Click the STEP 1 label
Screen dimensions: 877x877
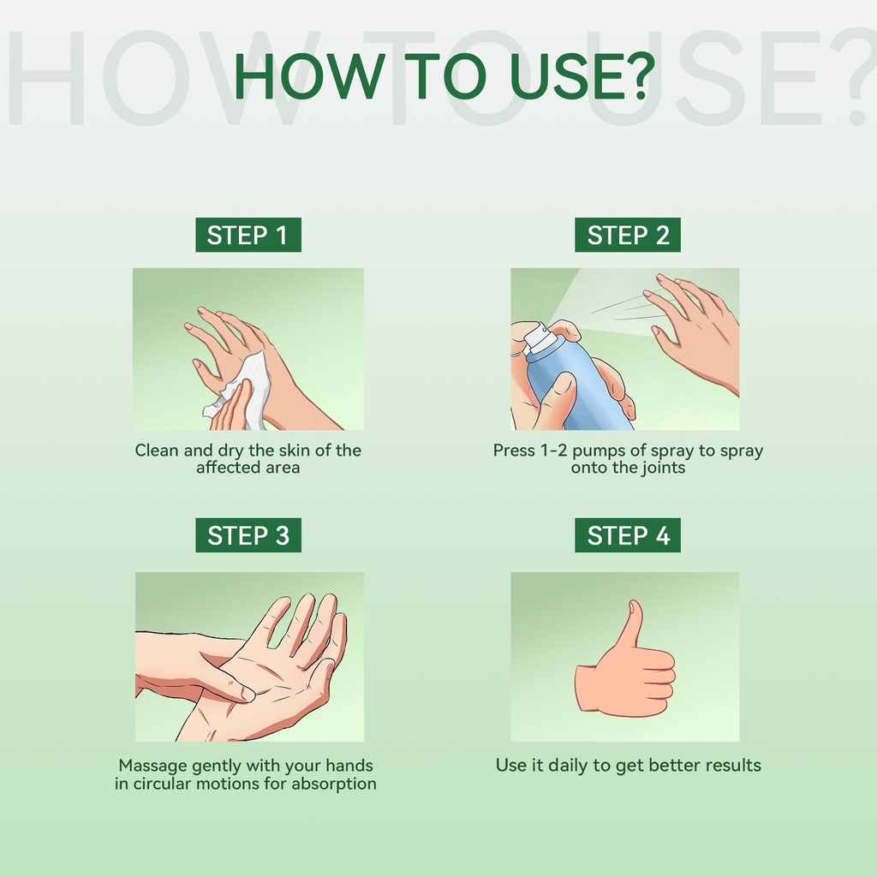pyautogui.click(x=248, y=235)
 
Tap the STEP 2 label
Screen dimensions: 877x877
pyautogui.click(x=628, y=235)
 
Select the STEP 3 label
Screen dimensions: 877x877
pyautogui.click(x=248, y=535)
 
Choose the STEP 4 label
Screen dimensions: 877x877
pyautogui.click(x=628, y=535)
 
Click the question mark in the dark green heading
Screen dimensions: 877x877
pyautogui.click(x=637, y=76)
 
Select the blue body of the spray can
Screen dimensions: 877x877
pyautogui.click(x=576, y=386)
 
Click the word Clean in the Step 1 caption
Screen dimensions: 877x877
pyautogui.click(x=158, y=450)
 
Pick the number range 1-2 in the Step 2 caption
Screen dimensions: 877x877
pyautogui.click(x=550, y=450)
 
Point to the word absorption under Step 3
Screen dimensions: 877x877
pyautogui.click(x=333, y=784)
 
